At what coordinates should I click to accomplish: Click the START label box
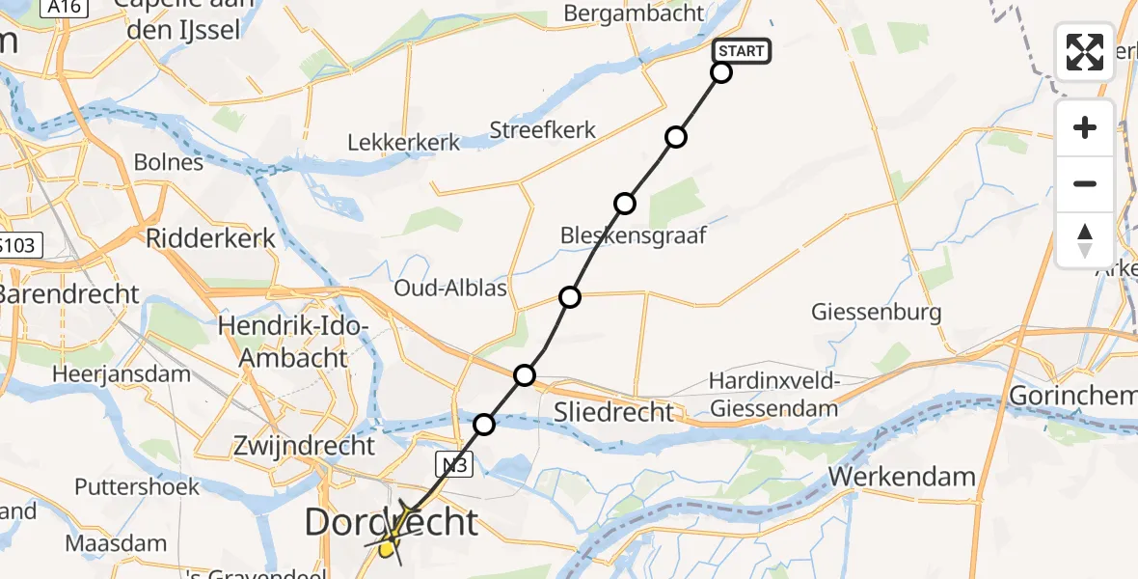point(742,51)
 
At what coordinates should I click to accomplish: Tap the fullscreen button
point(1085,52)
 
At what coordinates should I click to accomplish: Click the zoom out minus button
point(1085,183)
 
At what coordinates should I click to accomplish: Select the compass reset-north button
point(1085,239)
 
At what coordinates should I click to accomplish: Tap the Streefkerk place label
point(543,130)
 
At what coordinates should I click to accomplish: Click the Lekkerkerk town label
point(404,142)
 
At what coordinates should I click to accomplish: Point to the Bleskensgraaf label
point(634,234)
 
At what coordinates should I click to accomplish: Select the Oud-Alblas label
point(451,289)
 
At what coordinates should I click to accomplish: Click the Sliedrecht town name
point(613,412)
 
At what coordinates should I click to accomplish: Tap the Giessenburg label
point(876,313)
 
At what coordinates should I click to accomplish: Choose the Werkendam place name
point(902,477)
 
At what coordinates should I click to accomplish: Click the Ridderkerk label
point(210,237)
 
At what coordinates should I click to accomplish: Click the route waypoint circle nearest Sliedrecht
point(525,374)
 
